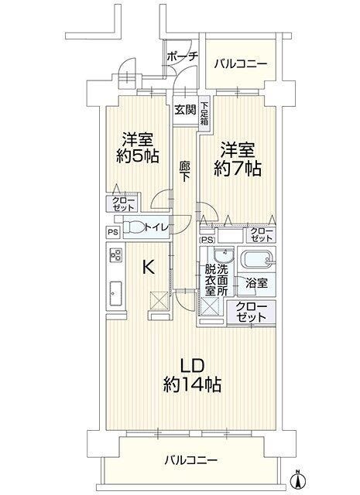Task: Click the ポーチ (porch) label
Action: (183, 57)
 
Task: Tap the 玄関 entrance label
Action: (186, 110)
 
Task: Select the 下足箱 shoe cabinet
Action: (204, 113)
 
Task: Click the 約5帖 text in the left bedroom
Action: (137, 155)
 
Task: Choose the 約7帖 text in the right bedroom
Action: (238, 169)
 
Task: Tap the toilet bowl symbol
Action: (133, 227)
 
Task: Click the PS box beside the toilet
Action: (113, 232)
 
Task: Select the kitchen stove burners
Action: (115, 254)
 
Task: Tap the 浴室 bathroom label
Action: (257, 283)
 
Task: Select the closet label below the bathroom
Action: (252, 312)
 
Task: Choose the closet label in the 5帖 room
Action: (123, 203)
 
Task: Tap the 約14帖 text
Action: (192, 384)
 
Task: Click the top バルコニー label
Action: (241, 64)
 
